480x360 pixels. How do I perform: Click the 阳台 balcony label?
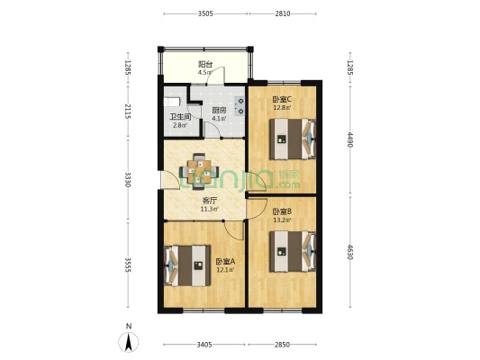(205, 64)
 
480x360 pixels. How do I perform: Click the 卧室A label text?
(224, 261)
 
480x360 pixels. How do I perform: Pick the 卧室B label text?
(281, 211)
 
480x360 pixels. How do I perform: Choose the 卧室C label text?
(282, 100)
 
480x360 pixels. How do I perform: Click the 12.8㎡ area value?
(282, 108)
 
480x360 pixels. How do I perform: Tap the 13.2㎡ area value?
(281, 219)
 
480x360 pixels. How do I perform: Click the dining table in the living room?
(199, 168)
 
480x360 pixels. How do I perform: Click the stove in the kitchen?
(240, 105)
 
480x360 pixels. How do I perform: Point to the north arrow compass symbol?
(129, 341)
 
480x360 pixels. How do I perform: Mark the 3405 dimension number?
(204, 345)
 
